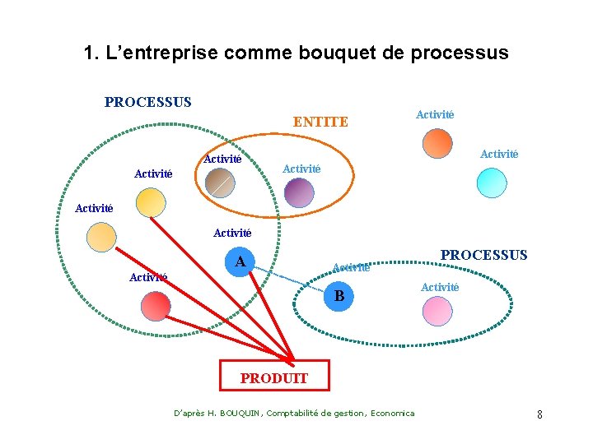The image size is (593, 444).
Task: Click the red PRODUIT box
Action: point(274,376)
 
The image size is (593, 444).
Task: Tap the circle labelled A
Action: point(240,262)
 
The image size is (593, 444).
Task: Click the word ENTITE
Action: point(320,123)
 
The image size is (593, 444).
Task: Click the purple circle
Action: point(299,192)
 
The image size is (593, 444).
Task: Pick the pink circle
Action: point(437,310)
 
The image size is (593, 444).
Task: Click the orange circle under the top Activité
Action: point(437,142)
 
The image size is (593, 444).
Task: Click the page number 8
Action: point(539,414)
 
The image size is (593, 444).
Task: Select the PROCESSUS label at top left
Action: point(147,103)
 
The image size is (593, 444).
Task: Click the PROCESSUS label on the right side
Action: point(483,255)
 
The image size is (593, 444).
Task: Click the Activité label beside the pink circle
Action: point(440,287)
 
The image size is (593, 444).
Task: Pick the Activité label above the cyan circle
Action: point(499,154)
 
